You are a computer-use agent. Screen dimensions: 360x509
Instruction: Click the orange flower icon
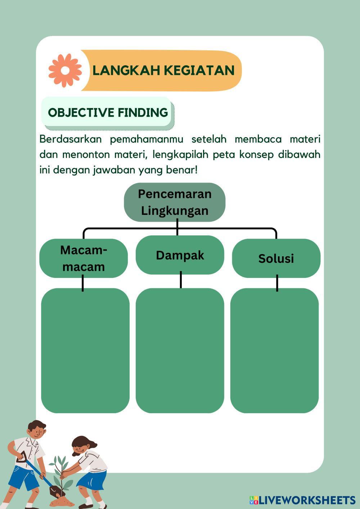click(65, 70)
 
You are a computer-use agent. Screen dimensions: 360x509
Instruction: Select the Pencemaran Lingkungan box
click(175, 202)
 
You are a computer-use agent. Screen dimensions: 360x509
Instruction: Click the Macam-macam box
click(83, 258)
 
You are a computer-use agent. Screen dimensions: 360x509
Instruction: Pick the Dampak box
click(180, 255)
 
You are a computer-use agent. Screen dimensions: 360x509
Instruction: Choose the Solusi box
click(276, 258)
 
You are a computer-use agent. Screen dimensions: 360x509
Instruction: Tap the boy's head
click(36, 429)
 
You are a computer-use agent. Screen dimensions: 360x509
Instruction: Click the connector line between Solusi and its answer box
click(277, 283)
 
